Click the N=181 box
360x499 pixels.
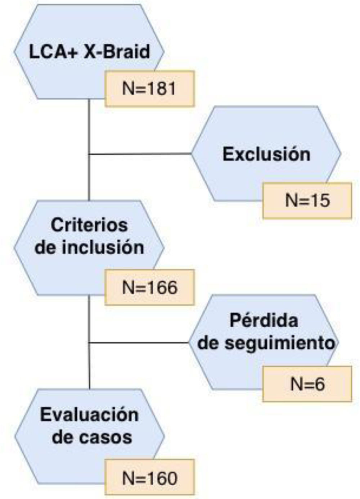(x=149, y=89)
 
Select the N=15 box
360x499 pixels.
(x=307, y=200)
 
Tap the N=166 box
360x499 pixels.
(x=149, y=287)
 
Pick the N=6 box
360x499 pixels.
(x=307, y=384)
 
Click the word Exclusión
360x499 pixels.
(x=266, y=154)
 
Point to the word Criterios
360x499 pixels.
(x=89, y=226)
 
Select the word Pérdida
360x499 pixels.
(x=264, y=321)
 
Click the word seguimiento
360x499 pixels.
(x=280, y=343)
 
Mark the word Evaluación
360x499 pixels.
(x=89, y=415)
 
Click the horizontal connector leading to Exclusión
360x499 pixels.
(x=140, y=154)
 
